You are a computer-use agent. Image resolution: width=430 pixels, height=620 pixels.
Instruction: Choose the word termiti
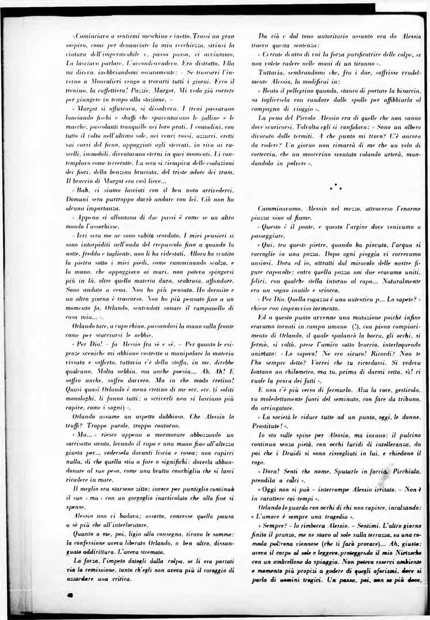pyautogui.click(x=308, y=152)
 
